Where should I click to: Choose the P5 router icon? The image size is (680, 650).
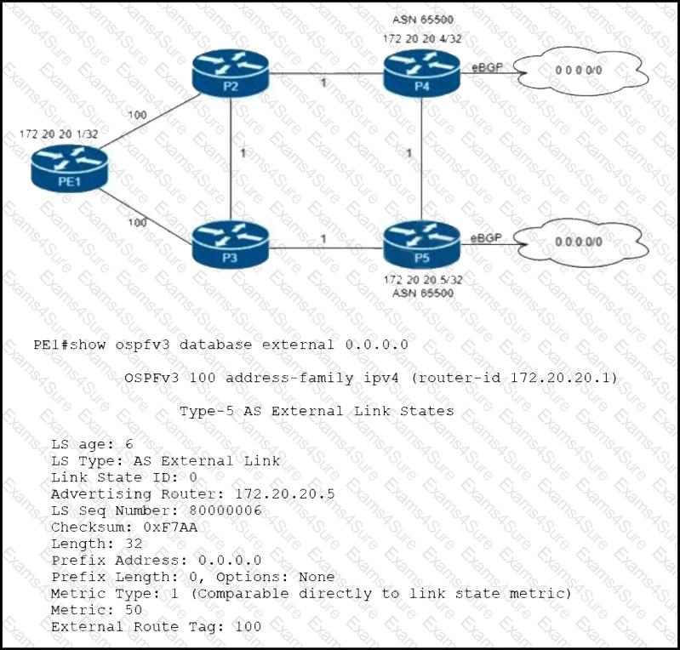tap(422, 242)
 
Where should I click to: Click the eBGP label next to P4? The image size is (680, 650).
tap(486, 66)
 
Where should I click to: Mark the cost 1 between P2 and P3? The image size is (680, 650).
tap(243, 153)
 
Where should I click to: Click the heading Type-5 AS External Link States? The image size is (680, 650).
tap(316, 411)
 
